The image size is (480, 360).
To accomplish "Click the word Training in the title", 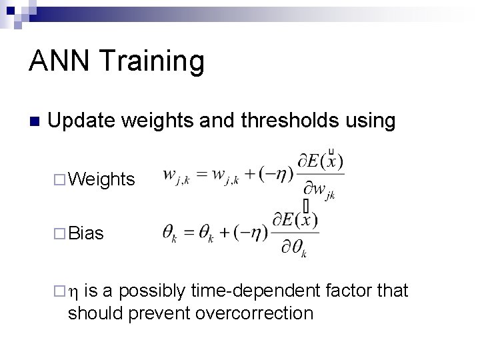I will pyautogui.click(x=153, y=62).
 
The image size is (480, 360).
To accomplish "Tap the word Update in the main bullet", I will pyautogui.click(x=84, y=121).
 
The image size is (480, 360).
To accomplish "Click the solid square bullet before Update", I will pyautogui.click(x=35, y=122).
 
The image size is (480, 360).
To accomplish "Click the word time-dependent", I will pyautogui.click(x=255, y=291).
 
